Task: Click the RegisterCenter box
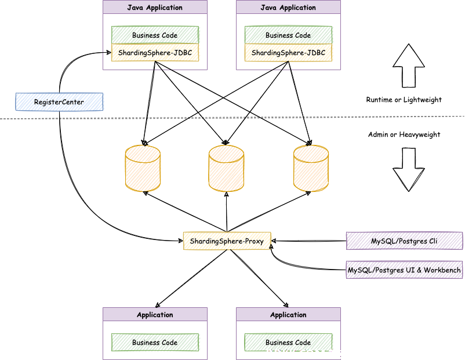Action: pos(59,101)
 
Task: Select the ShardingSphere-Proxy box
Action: pos(227,241)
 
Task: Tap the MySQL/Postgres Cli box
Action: pos(404,241)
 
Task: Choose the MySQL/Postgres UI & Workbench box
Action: pos(404,270)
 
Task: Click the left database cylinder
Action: pos(143,168)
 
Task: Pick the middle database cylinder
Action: pos(226,168)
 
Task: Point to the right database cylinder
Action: pos(311,168)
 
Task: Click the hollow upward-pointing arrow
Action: pos(409,66)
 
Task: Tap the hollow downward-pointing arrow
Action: pos(409,170)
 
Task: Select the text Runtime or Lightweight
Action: pos(404,100)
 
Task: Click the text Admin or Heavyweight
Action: pos(404,134)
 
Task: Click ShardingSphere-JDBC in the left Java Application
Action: pos(155,53)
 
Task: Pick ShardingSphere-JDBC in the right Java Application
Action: pos(288,53)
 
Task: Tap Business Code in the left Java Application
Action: pos(155,35)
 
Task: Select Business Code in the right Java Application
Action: pos(288,35)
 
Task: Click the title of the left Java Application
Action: pos(155,8)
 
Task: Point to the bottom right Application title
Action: pos(288,315)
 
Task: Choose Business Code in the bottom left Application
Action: pos(155,342)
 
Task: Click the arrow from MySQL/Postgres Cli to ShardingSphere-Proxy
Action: pos(308,241)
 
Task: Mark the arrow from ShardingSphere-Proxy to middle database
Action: pos(227,212)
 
